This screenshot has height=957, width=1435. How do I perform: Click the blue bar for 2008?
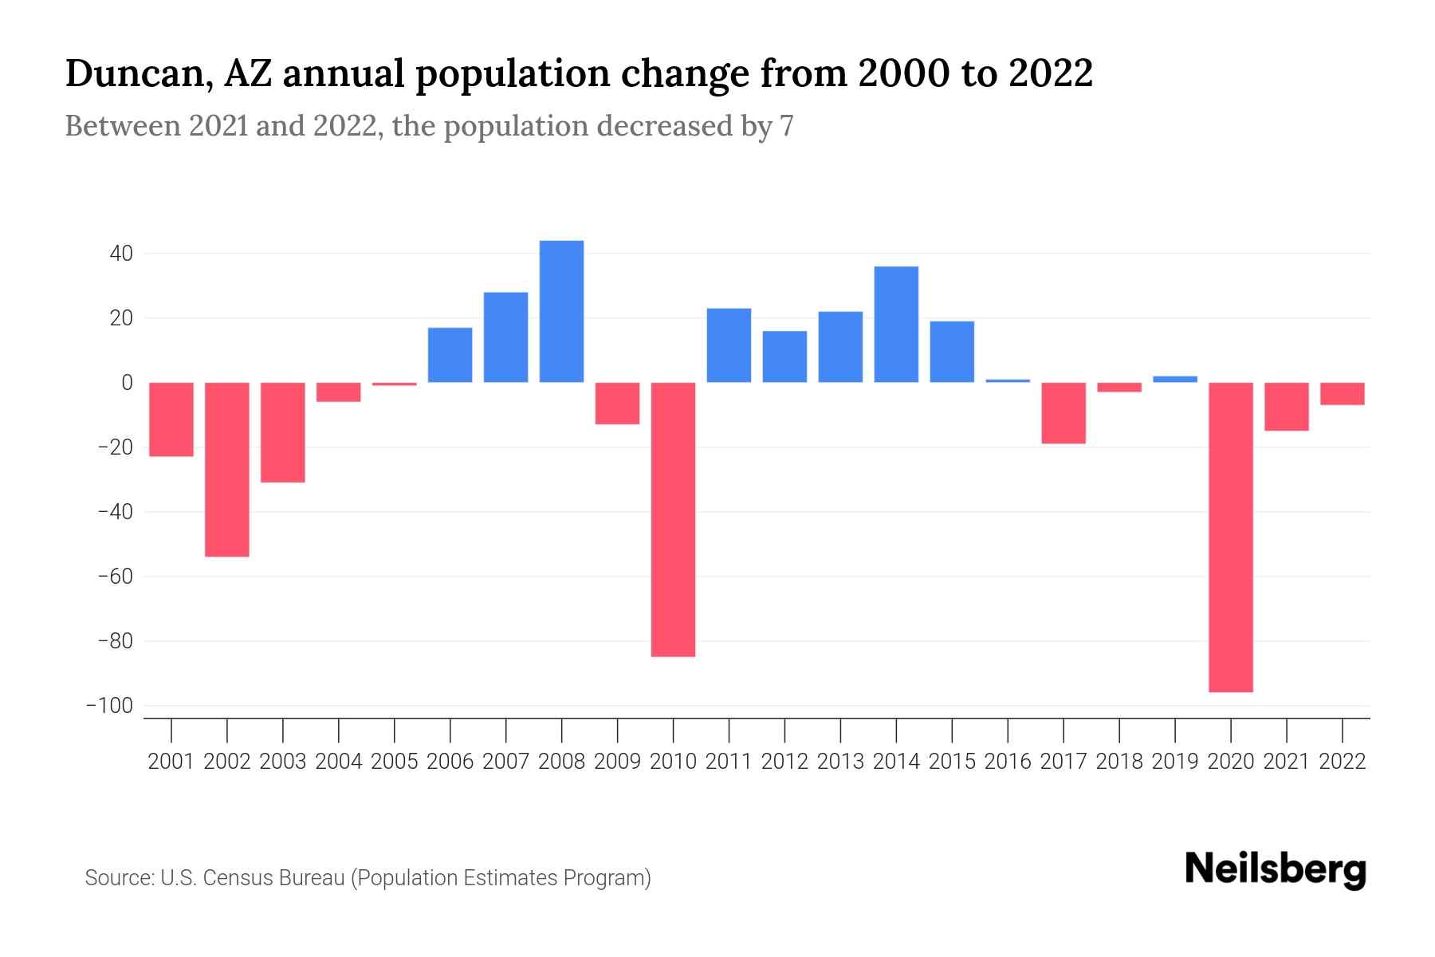561,311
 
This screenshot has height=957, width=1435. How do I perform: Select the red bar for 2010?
673,519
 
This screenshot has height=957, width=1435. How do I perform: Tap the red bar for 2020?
1230,537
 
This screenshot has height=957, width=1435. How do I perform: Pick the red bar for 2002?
227,469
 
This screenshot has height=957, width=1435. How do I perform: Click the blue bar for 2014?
896,324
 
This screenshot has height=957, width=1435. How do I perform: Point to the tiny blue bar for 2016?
1008,381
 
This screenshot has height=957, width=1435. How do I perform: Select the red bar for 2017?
1063,412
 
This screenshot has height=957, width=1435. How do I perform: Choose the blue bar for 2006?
450,355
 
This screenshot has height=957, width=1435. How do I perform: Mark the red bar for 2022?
1342,394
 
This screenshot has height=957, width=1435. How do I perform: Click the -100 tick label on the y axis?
110,706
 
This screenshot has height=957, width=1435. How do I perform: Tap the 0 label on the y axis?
127,383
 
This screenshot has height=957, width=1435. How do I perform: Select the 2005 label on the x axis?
394,762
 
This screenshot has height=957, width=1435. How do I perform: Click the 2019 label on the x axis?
1174,762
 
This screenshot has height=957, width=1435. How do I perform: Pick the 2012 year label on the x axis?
784,762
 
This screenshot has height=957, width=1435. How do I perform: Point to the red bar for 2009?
617,403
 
